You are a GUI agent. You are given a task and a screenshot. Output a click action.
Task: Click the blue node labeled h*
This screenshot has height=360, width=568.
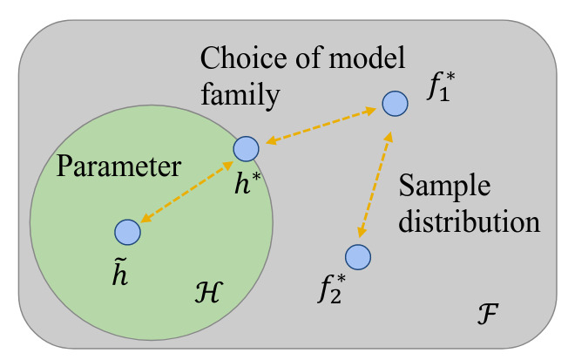[x=247, y=149]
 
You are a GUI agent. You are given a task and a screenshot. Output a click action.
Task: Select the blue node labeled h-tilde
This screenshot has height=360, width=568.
[x=128, y=231]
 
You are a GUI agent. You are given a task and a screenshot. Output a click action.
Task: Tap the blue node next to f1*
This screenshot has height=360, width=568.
[x=396, y=104]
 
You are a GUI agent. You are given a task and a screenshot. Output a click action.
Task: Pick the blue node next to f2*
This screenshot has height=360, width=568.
[x=358, y=256]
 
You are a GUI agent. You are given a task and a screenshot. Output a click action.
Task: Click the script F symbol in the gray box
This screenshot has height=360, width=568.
[x=490, y=313]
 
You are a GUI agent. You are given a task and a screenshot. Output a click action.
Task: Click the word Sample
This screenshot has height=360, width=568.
[x=444, y=187]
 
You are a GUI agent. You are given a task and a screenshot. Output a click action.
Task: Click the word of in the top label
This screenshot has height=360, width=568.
[x=308, y=61]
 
